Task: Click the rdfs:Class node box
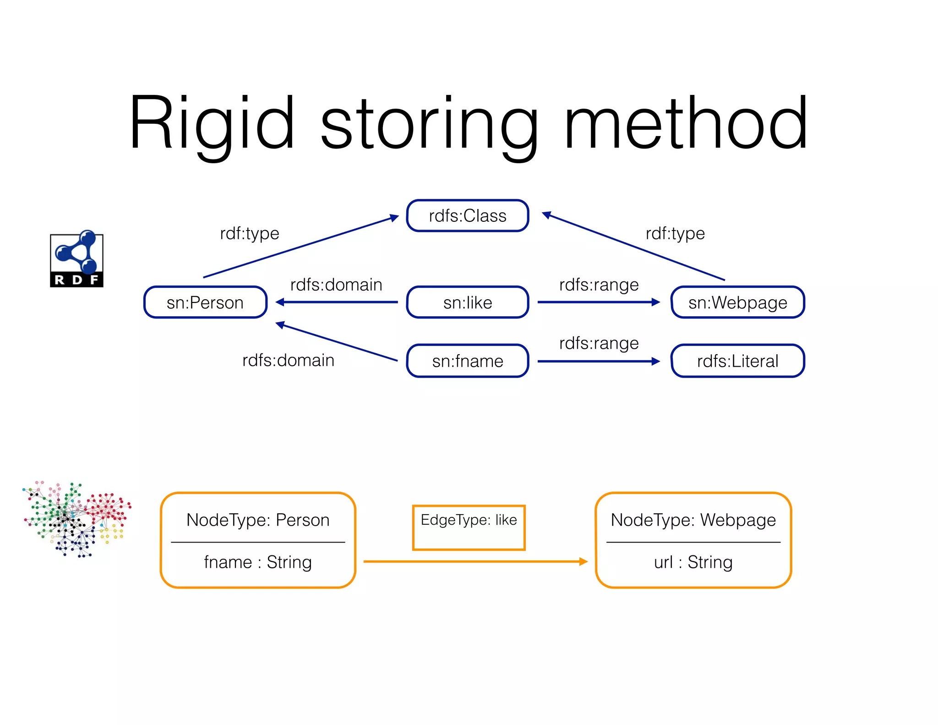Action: point(468,216)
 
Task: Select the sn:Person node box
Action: point(205,302)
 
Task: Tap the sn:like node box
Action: point(468,302)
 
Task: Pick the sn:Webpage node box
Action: point(737,302)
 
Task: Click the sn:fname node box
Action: point(468,361)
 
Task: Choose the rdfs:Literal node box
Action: point(737,361)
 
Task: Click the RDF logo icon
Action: point(76,259)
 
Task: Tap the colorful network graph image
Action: point(76,519)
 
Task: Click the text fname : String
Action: point(258,562)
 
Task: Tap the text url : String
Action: point(693,562)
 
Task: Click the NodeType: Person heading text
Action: point(258,520)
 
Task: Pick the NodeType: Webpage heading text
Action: point(693,520)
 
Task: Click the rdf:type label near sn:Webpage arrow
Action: point(675,233)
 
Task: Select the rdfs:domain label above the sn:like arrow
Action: point(336,285)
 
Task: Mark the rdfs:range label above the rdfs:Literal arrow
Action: point(599,343)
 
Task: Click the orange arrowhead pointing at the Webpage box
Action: point(584,561)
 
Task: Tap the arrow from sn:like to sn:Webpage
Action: point(595,302)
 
